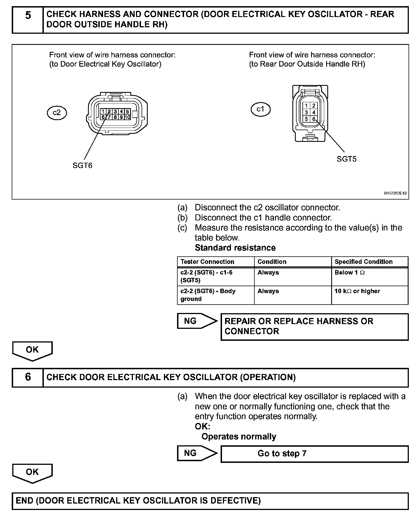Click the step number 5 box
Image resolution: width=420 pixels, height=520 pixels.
coord(28,20)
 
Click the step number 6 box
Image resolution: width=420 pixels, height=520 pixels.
coord(28,377)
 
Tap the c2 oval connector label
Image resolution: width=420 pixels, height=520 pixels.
coord(57,113)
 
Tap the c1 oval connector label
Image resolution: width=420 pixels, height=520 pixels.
coord(260,109)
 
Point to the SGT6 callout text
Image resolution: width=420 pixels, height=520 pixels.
coord(82,166)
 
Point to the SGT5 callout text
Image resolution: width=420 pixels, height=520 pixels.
coord(347,159)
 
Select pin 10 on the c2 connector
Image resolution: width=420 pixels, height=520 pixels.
coord(128,117)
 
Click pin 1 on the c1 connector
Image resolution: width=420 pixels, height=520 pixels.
coord(307,106)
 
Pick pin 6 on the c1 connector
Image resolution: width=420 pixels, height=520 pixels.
coord(314,119)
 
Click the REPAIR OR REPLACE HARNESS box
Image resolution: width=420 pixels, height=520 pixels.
coord(314,327)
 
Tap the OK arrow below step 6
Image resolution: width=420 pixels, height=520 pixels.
coord(32,473)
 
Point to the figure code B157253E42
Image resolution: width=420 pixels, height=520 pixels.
coord(395,193)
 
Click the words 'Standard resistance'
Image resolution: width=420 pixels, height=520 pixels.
coord(235,248)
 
